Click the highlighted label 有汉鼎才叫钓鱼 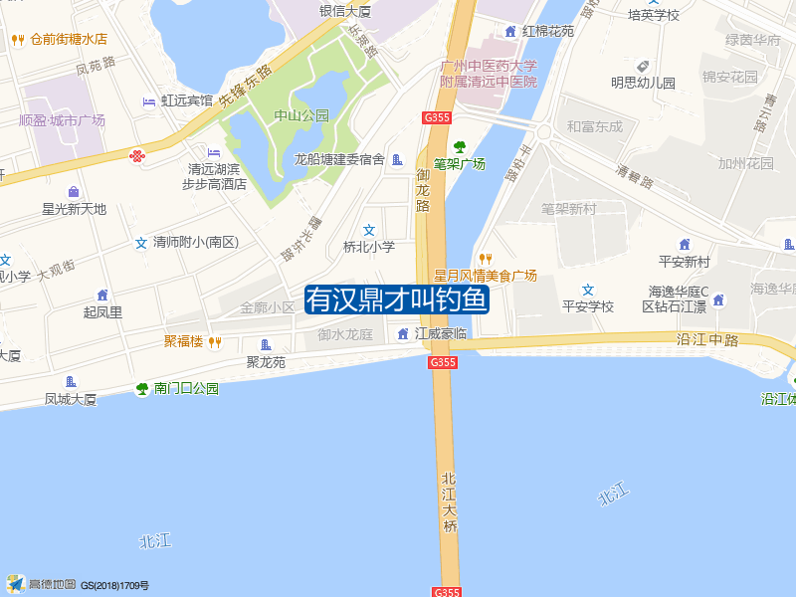396,298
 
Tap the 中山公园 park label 301,115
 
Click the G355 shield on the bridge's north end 443,363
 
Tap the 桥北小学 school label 369,246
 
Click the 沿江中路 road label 707,339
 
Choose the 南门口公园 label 186,388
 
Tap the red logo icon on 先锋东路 136,155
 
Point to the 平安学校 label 588,306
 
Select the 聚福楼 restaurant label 183,341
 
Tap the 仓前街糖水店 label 68,40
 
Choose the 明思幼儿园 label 643,84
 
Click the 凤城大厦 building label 71,399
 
